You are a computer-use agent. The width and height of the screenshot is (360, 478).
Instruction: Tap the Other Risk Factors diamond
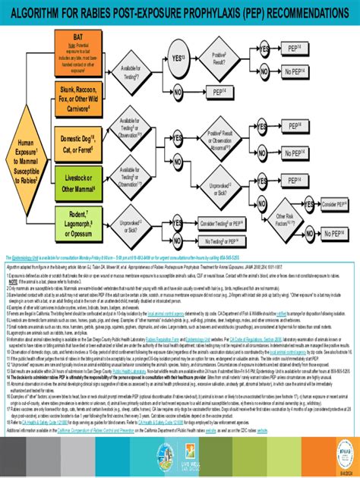tap(285, 221)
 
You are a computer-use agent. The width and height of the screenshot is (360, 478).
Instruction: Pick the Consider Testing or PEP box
tap(222, 224)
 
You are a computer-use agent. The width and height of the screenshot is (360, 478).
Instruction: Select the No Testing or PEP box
tap(222, 241)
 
